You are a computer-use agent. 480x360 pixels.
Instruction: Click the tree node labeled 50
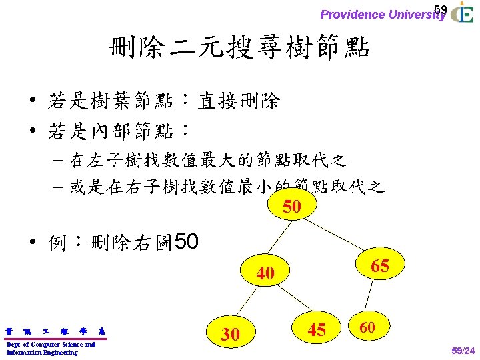coord(292,206)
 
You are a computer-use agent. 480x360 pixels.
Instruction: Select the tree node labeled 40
coord(265,273)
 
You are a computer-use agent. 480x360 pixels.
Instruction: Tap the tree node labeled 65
coord(379,265)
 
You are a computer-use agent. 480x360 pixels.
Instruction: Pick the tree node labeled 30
coord(230,333)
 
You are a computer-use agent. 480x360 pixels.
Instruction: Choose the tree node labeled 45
coord(316,329)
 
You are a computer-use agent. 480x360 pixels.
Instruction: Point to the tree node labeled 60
coord(367,327)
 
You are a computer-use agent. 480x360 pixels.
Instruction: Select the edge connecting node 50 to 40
coord(280,240)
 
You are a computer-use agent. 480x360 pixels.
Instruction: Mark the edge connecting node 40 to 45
coord(291,301)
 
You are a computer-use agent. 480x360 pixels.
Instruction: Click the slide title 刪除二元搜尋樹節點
coord(240,48)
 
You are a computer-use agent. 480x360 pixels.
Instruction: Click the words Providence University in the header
coord(382,14)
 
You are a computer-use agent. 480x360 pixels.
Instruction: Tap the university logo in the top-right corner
coord(461,13)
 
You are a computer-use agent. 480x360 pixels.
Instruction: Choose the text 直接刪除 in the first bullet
coord(239,101)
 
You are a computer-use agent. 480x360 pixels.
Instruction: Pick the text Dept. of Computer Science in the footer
coord(50,344)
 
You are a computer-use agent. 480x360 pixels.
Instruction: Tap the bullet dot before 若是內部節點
coord(33,131)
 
